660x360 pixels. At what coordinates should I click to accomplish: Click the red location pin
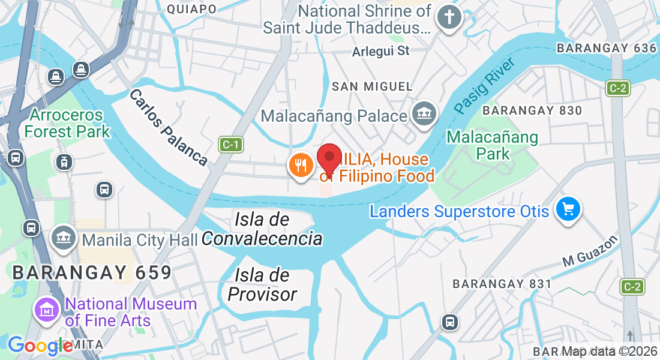329,159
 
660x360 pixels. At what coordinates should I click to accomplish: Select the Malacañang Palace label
335,116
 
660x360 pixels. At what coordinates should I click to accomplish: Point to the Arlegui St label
381,51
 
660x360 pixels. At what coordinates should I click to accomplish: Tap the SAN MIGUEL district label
373,87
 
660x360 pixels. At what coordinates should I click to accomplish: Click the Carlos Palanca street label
168,127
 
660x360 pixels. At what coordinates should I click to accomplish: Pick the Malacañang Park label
492,145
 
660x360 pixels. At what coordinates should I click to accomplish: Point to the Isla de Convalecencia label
262,229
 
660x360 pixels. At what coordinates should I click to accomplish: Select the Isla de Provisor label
262,284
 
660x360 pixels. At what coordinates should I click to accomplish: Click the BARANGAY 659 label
92,272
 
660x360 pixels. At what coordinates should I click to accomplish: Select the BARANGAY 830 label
532,110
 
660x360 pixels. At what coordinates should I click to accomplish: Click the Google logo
40,346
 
